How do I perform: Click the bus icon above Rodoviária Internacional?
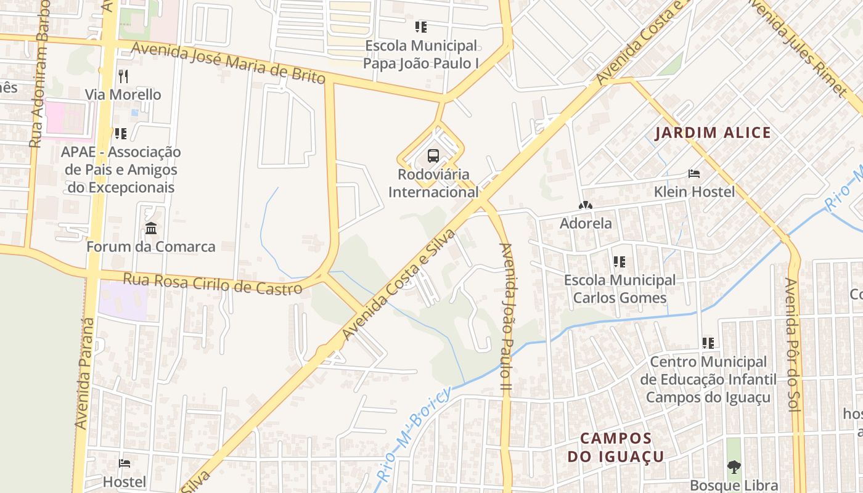point(433,155)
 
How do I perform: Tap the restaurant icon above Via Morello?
point(123,76)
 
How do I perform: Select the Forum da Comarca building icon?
point(151,229)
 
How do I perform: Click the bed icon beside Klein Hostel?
point(694,174)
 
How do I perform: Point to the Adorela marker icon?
point(585,205)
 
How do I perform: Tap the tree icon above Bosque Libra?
point(734,467)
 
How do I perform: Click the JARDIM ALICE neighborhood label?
point(713,132)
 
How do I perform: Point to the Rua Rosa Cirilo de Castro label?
point(213,283)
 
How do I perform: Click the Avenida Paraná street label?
point(85,373)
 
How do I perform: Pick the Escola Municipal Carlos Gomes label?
point(620,289)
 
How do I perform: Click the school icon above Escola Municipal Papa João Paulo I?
point(421,26)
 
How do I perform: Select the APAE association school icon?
point(121,133)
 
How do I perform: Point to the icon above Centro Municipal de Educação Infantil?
point(708,343)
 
